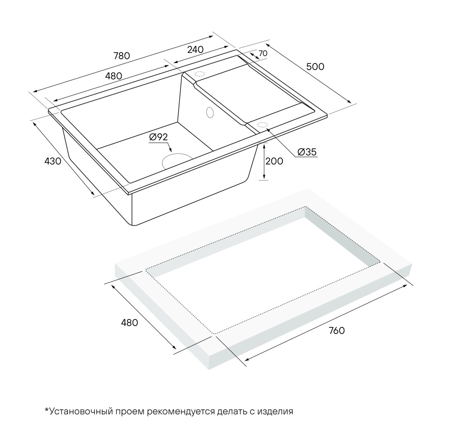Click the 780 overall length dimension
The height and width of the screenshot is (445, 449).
(x=121, y=56)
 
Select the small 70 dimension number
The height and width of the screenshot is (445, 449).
(x=262, y=54)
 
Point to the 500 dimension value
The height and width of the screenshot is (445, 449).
(x=315, y=66)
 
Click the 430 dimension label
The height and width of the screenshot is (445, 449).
(x=52, y=161)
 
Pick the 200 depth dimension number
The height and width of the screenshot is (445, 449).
(x=274, y=161)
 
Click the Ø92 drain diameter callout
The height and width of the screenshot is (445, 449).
(x=158, y=137)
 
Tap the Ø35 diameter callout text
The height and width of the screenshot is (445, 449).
(x=307, y=152)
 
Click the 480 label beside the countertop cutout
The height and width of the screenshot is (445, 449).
(x=129, y=323)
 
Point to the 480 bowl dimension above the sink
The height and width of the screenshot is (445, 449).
(x=113, y=75)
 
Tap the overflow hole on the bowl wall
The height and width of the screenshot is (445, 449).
(x=209, y=112)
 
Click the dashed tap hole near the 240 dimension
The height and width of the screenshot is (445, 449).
(x=200, y=74)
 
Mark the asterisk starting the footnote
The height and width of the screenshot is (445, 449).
(x=47, y=410)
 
